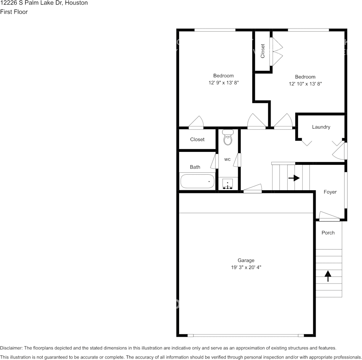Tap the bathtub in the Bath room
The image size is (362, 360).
point(197,181)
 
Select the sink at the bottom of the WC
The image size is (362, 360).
point(228,185)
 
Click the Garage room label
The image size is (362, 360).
point(246,260)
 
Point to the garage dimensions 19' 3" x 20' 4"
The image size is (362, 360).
point(246,268)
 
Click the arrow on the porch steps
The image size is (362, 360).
point(328,276)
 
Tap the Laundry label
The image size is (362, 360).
point(321,127)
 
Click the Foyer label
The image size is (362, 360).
point(330,192)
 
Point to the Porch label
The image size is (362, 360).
point(328,233)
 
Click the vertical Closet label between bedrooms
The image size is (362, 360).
point(263,51)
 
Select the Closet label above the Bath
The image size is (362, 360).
point(197,140)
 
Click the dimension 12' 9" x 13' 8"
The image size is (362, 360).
point(223,83)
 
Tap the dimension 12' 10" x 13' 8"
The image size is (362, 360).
point(305,84)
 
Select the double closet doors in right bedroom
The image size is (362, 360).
point(276,51)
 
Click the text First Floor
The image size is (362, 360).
point(14,12)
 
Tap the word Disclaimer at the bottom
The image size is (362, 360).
point(11,348)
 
